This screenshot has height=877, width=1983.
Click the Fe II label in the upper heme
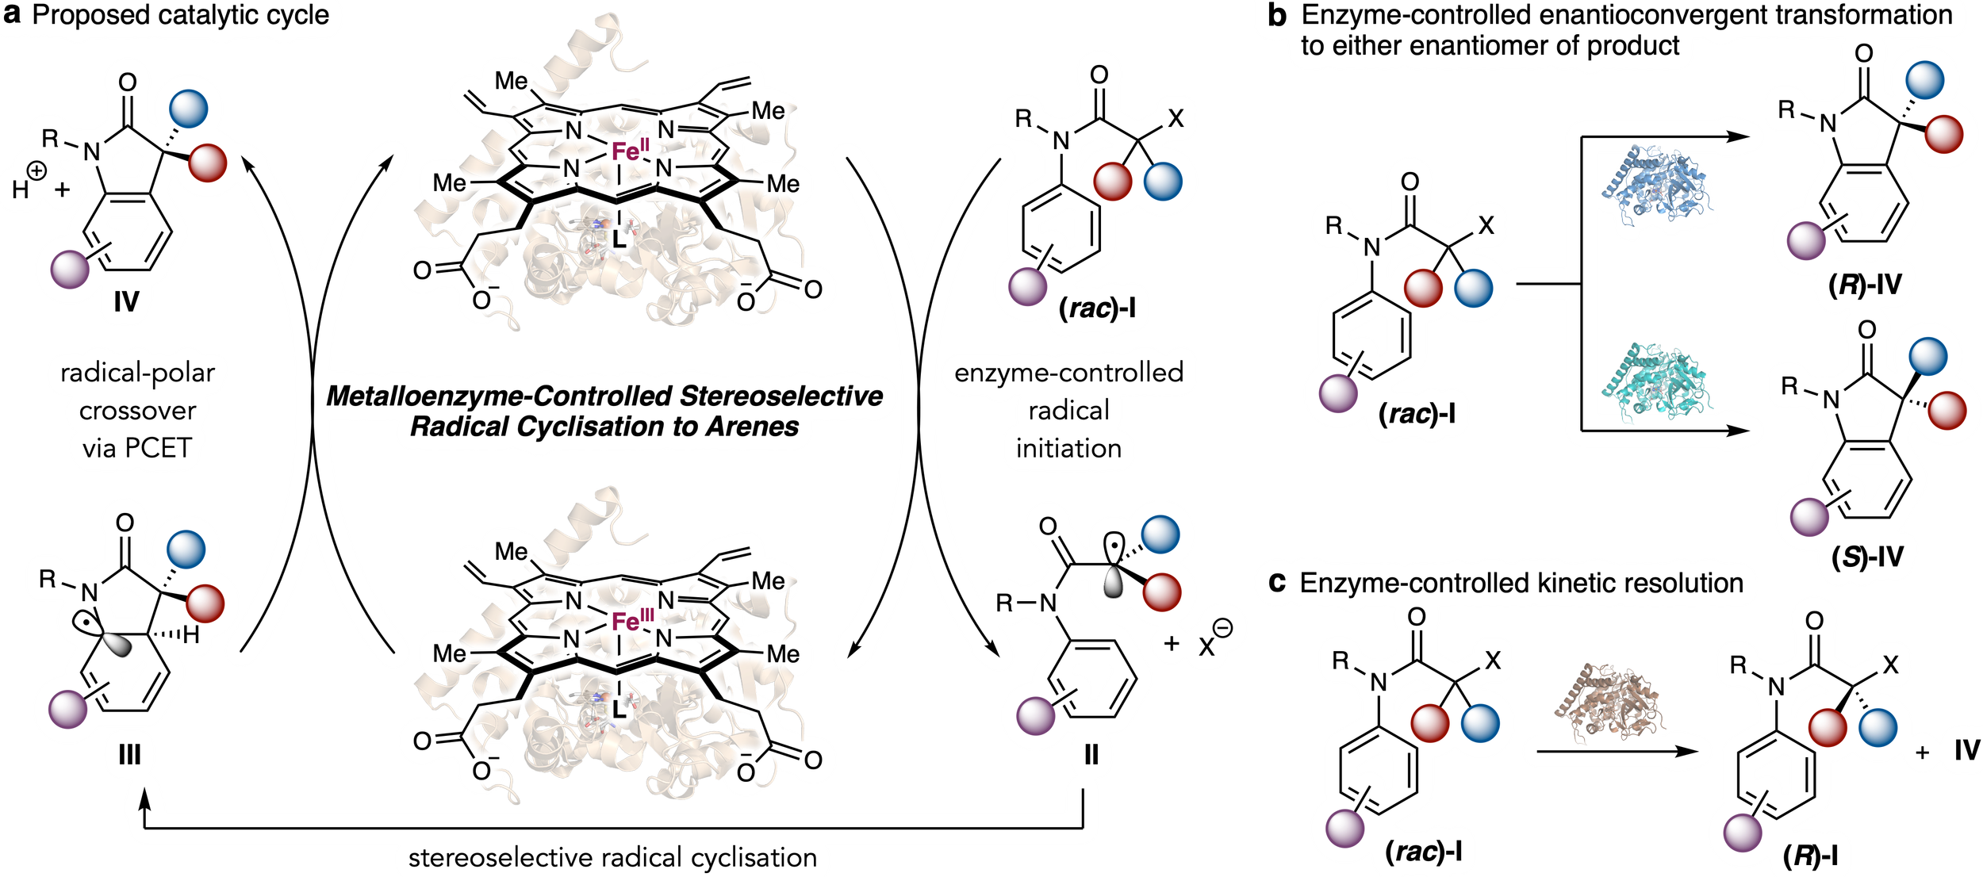(631, 150)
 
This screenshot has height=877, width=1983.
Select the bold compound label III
(129, 754)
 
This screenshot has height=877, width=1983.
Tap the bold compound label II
(1091, 755)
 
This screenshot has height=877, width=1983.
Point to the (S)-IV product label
(1867, 557)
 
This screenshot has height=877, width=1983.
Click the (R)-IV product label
(1866, 284)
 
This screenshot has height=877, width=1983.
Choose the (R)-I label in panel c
(1811, 856)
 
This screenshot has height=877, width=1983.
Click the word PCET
(158, 449)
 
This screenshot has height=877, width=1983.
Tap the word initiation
(1068, 449)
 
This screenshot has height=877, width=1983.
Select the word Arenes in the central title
(752, 427)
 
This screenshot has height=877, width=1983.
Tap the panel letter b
(1276, 16)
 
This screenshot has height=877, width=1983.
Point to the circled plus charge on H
(36, 171)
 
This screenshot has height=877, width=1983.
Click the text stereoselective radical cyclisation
(612, 858)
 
